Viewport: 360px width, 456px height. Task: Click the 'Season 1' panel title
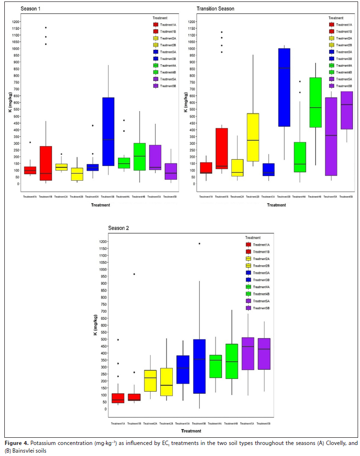click(32, 9)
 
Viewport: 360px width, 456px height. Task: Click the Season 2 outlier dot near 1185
click(199, 244)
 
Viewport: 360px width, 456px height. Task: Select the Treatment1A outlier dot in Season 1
click(30, 142)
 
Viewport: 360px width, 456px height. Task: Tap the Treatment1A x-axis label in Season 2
click(117, 423)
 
